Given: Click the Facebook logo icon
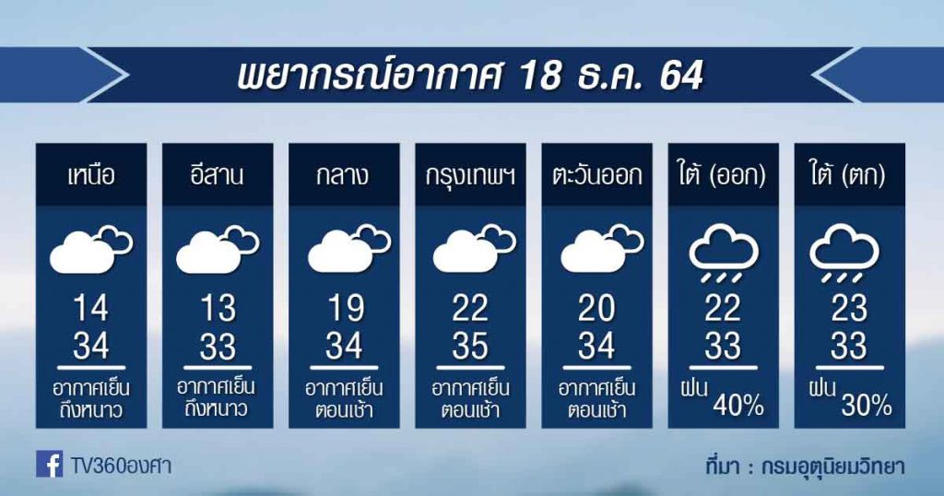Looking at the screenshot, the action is (50, 464).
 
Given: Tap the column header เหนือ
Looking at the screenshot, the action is (91, 175).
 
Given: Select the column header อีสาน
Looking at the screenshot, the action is (218, 174).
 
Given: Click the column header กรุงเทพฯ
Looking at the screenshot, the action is (470, 176).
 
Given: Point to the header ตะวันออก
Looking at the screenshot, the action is (596, 175).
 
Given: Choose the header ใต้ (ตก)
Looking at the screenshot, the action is (849, 175).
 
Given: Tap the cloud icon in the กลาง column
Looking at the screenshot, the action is (349, 248).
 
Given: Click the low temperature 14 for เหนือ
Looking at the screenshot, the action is (91, 308).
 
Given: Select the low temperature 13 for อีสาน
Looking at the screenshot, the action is (218, 308).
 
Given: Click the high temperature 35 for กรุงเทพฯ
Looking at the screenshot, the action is (470, 346).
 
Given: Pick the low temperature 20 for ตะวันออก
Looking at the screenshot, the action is (596, 308).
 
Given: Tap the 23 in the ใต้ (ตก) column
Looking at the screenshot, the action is (849, 308).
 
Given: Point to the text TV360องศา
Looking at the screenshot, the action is (121, 466).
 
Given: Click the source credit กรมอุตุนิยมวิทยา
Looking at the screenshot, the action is (832, 466).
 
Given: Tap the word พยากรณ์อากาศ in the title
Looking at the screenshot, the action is (369, 76).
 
